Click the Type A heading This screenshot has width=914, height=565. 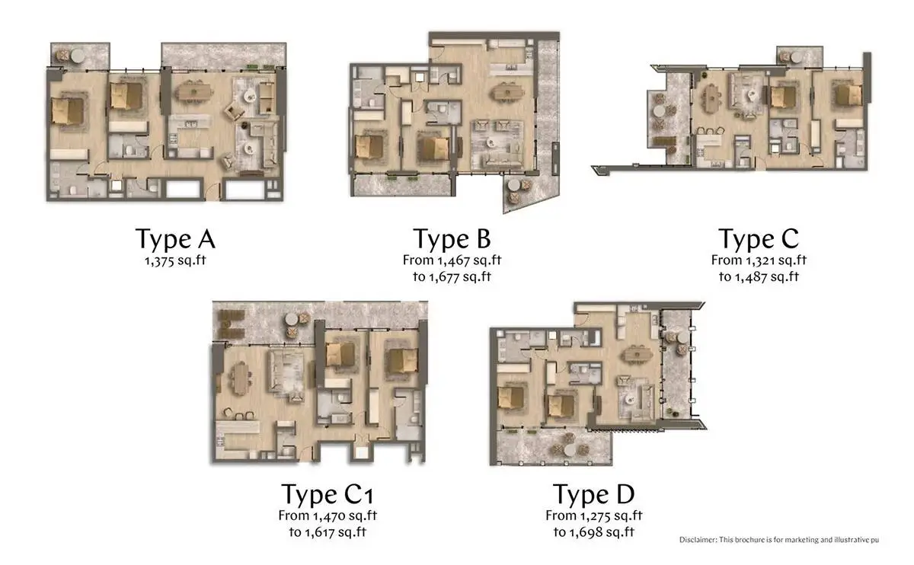point(175,239)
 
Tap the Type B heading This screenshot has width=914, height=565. point(452,239)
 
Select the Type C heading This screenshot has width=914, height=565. point(759,239)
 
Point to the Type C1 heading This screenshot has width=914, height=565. point(328,494)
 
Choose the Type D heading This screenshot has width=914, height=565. point(593,494)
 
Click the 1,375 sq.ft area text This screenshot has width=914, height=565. point(175,260)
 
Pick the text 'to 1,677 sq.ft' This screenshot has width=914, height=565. point(452,276)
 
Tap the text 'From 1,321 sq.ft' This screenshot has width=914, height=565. point(759,260)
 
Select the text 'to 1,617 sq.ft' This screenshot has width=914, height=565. point(328,532)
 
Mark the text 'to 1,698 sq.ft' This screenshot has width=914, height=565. point(593,532)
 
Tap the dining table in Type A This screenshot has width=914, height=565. point(194,92)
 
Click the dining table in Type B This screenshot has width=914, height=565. point(507,92)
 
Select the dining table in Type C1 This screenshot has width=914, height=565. point(240,378)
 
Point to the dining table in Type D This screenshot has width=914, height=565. point(637,353)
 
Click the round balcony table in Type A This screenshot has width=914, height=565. point(78,56)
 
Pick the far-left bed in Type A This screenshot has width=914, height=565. point(68,111)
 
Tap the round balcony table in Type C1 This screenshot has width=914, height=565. point(292,319)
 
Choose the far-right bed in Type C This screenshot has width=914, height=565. point(848,95)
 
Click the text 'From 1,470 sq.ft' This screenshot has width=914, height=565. point(328,516)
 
